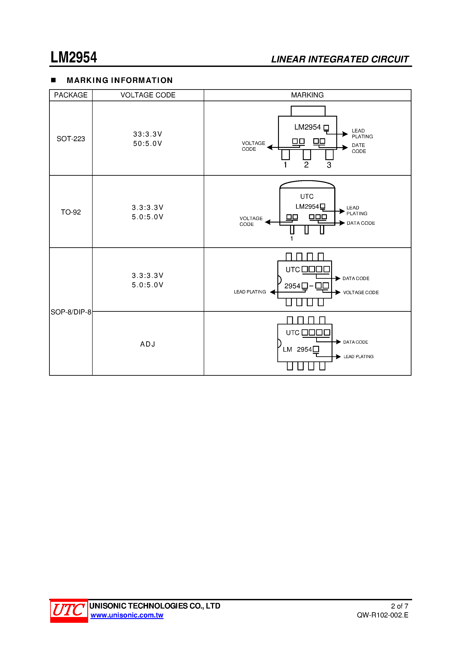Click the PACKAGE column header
pos(71,95)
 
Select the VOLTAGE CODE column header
pos(148,95)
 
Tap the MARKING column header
pos(307,95)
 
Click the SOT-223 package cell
pos(71,139)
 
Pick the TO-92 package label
pos(71,212)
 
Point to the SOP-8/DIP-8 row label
pos(71,312)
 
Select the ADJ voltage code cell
pos(148,344)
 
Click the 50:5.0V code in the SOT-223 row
pos(148,144)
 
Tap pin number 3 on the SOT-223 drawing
pos(329,165)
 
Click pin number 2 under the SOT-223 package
pos(306,165)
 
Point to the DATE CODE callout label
pos(359,148)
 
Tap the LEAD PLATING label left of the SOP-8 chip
pos(250,292)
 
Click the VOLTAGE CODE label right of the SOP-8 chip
pos(361,293)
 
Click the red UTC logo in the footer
pos(69,610)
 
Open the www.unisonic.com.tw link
pos(127,615)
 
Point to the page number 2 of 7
pos(399,606)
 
